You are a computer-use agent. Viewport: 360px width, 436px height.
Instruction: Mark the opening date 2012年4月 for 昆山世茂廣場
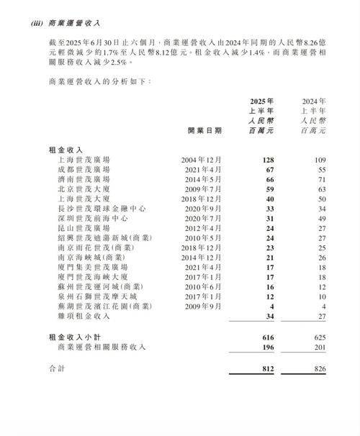pos(201,227)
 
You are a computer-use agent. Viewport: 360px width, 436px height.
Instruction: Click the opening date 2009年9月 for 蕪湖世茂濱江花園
pos(201,306)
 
